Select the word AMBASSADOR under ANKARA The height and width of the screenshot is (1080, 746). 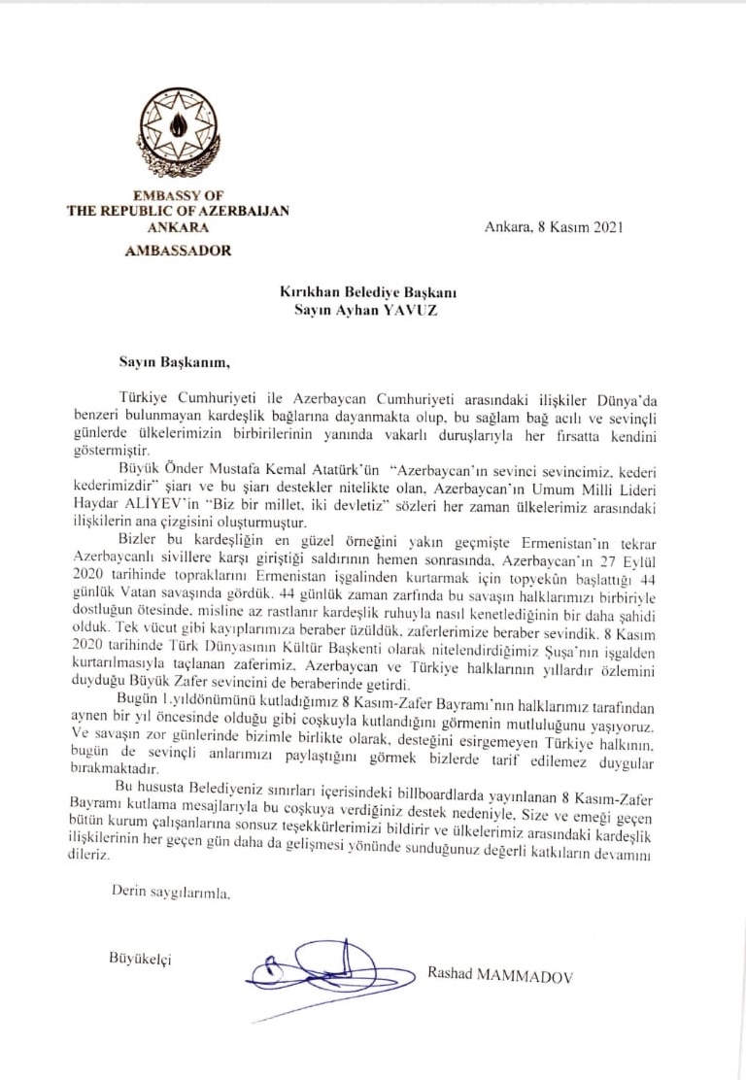tap(179, 250)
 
